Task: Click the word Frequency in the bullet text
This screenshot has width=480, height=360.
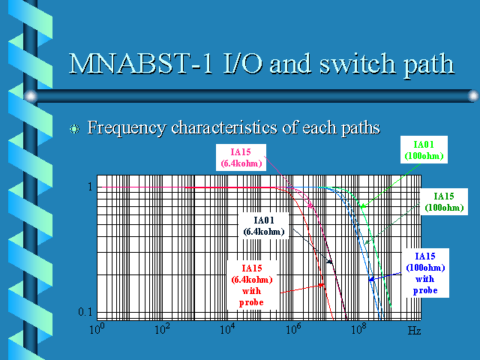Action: coord(127,128)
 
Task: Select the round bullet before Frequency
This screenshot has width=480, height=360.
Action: coord(74,129)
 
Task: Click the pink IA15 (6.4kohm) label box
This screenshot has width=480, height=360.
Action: coord(241,157)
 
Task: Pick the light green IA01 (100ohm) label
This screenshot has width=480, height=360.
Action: coord(424,150)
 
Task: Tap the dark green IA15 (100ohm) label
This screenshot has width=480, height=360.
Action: coord(444,202)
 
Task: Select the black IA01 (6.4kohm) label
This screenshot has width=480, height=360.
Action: coord(264,226)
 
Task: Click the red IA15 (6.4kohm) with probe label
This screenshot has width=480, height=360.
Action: coord(252,285)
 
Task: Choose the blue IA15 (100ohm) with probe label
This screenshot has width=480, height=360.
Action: coord(425,273)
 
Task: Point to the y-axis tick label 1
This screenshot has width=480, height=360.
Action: coord(90,187)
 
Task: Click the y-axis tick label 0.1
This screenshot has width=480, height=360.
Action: coord(85,312)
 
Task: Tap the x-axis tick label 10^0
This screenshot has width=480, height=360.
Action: coord(97,329)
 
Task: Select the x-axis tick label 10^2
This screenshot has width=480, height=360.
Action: coord(162,329)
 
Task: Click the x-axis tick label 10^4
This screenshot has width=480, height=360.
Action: coord(227,329)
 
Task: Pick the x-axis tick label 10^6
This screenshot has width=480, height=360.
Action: coord(293,329)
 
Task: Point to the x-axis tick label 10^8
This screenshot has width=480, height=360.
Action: coord(358,329)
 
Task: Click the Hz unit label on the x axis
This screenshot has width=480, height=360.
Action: coord(415,331)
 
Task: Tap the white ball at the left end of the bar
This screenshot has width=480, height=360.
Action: coord(31,96)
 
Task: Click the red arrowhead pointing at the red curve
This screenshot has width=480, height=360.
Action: coord(321,285)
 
